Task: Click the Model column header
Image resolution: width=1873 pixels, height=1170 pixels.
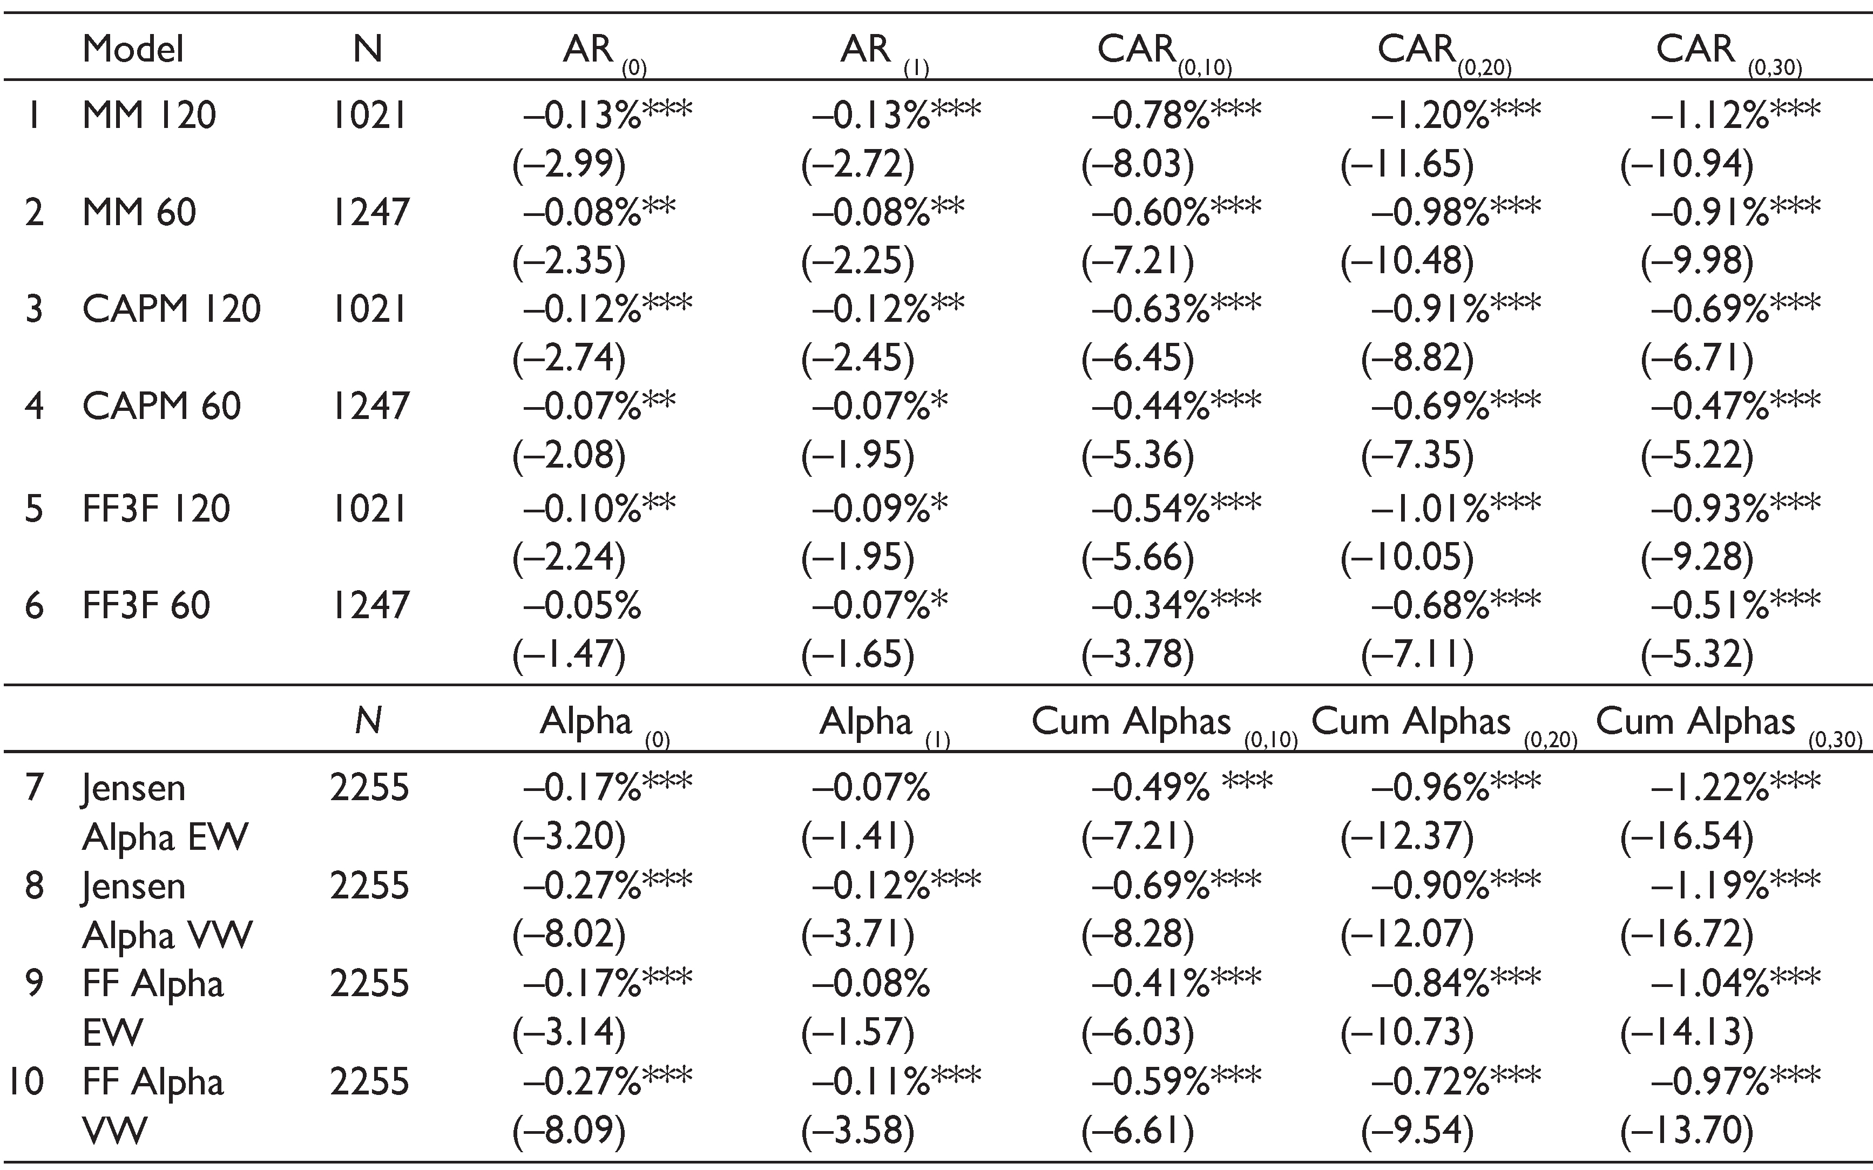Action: point(133,50)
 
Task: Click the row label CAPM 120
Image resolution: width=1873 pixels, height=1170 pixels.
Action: point(172,309)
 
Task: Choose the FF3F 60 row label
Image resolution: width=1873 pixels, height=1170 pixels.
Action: point(146,605)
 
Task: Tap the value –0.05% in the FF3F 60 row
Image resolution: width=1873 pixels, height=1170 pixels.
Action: point(582,605)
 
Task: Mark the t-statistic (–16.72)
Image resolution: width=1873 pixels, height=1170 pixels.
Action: point(1687,935)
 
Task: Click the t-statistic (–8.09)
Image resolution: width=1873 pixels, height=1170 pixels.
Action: point(569,1131)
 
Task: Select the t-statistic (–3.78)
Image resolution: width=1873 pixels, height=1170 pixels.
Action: point(1137,654)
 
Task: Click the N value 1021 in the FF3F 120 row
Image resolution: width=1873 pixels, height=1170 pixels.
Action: point(368,509)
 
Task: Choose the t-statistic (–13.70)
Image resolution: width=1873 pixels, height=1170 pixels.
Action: point(1687,1131)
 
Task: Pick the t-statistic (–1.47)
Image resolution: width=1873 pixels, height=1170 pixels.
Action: point(569,654)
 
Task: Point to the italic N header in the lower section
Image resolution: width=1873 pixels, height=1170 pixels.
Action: point(368,721)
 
